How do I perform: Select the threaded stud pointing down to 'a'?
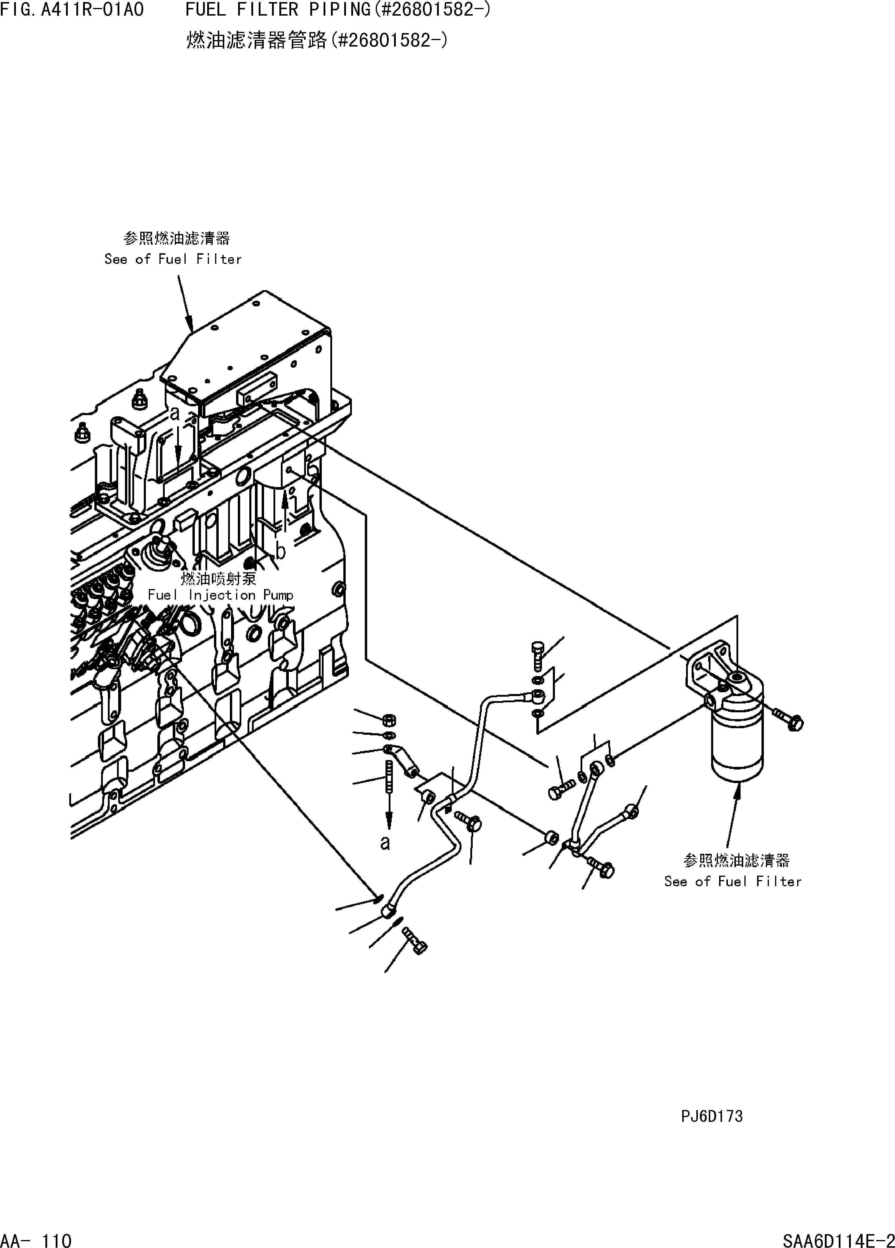[x=389, y=776]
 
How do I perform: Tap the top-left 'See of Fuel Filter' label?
[x=173, y=259]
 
